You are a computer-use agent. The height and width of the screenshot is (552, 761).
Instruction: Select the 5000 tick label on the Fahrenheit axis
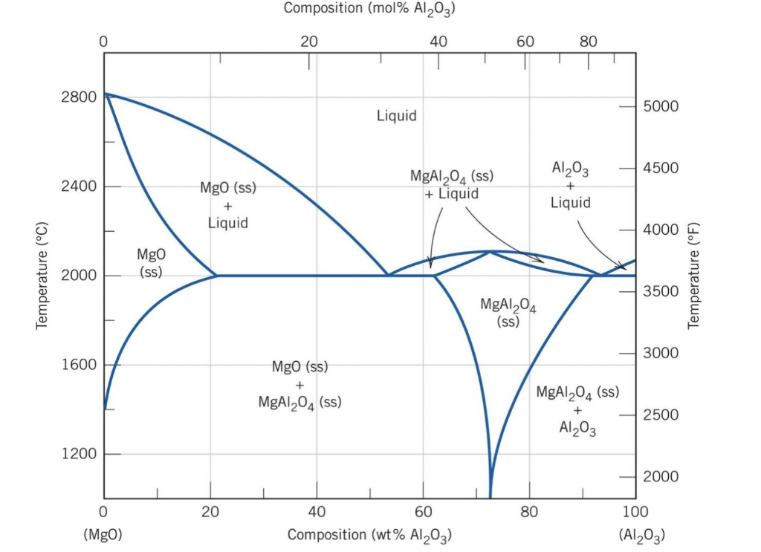(661, 105)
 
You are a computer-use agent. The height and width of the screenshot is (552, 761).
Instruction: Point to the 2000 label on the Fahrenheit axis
(661, 475)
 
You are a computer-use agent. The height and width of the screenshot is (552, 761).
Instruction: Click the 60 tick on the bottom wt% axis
(423, 512)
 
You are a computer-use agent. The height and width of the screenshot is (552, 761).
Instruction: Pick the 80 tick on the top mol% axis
(588, 42)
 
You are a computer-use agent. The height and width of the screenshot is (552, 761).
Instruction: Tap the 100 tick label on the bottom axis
(635, 512)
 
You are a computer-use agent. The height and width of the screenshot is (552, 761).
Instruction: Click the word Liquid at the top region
(396, 116)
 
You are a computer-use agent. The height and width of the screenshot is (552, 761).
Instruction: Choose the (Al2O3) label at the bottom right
(641, 535)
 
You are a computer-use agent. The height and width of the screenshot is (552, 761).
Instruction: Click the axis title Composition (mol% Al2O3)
(369, 10)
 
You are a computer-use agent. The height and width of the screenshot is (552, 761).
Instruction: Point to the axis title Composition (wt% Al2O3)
(369, 535)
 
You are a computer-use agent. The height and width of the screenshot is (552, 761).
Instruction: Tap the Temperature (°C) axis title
(42, 276)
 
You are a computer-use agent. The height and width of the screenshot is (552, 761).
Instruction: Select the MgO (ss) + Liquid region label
(227, 205)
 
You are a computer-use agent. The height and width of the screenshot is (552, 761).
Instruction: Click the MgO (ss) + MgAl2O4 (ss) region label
(299, 385)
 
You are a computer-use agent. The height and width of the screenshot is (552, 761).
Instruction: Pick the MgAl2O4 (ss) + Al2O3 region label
(577, 409)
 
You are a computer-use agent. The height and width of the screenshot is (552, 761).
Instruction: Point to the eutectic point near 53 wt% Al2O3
(387, 276)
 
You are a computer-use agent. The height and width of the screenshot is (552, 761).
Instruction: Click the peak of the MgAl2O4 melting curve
(490, 251)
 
